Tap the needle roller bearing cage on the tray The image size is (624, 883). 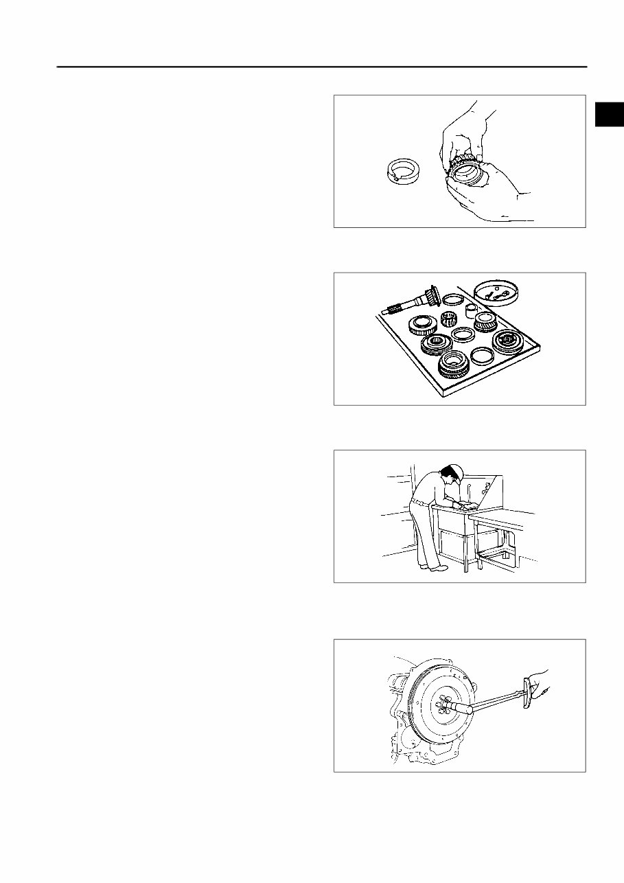[449, 319]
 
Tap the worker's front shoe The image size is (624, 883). [438, 568]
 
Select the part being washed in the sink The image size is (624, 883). [470, 507]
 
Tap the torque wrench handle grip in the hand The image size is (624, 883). [532, 687]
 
